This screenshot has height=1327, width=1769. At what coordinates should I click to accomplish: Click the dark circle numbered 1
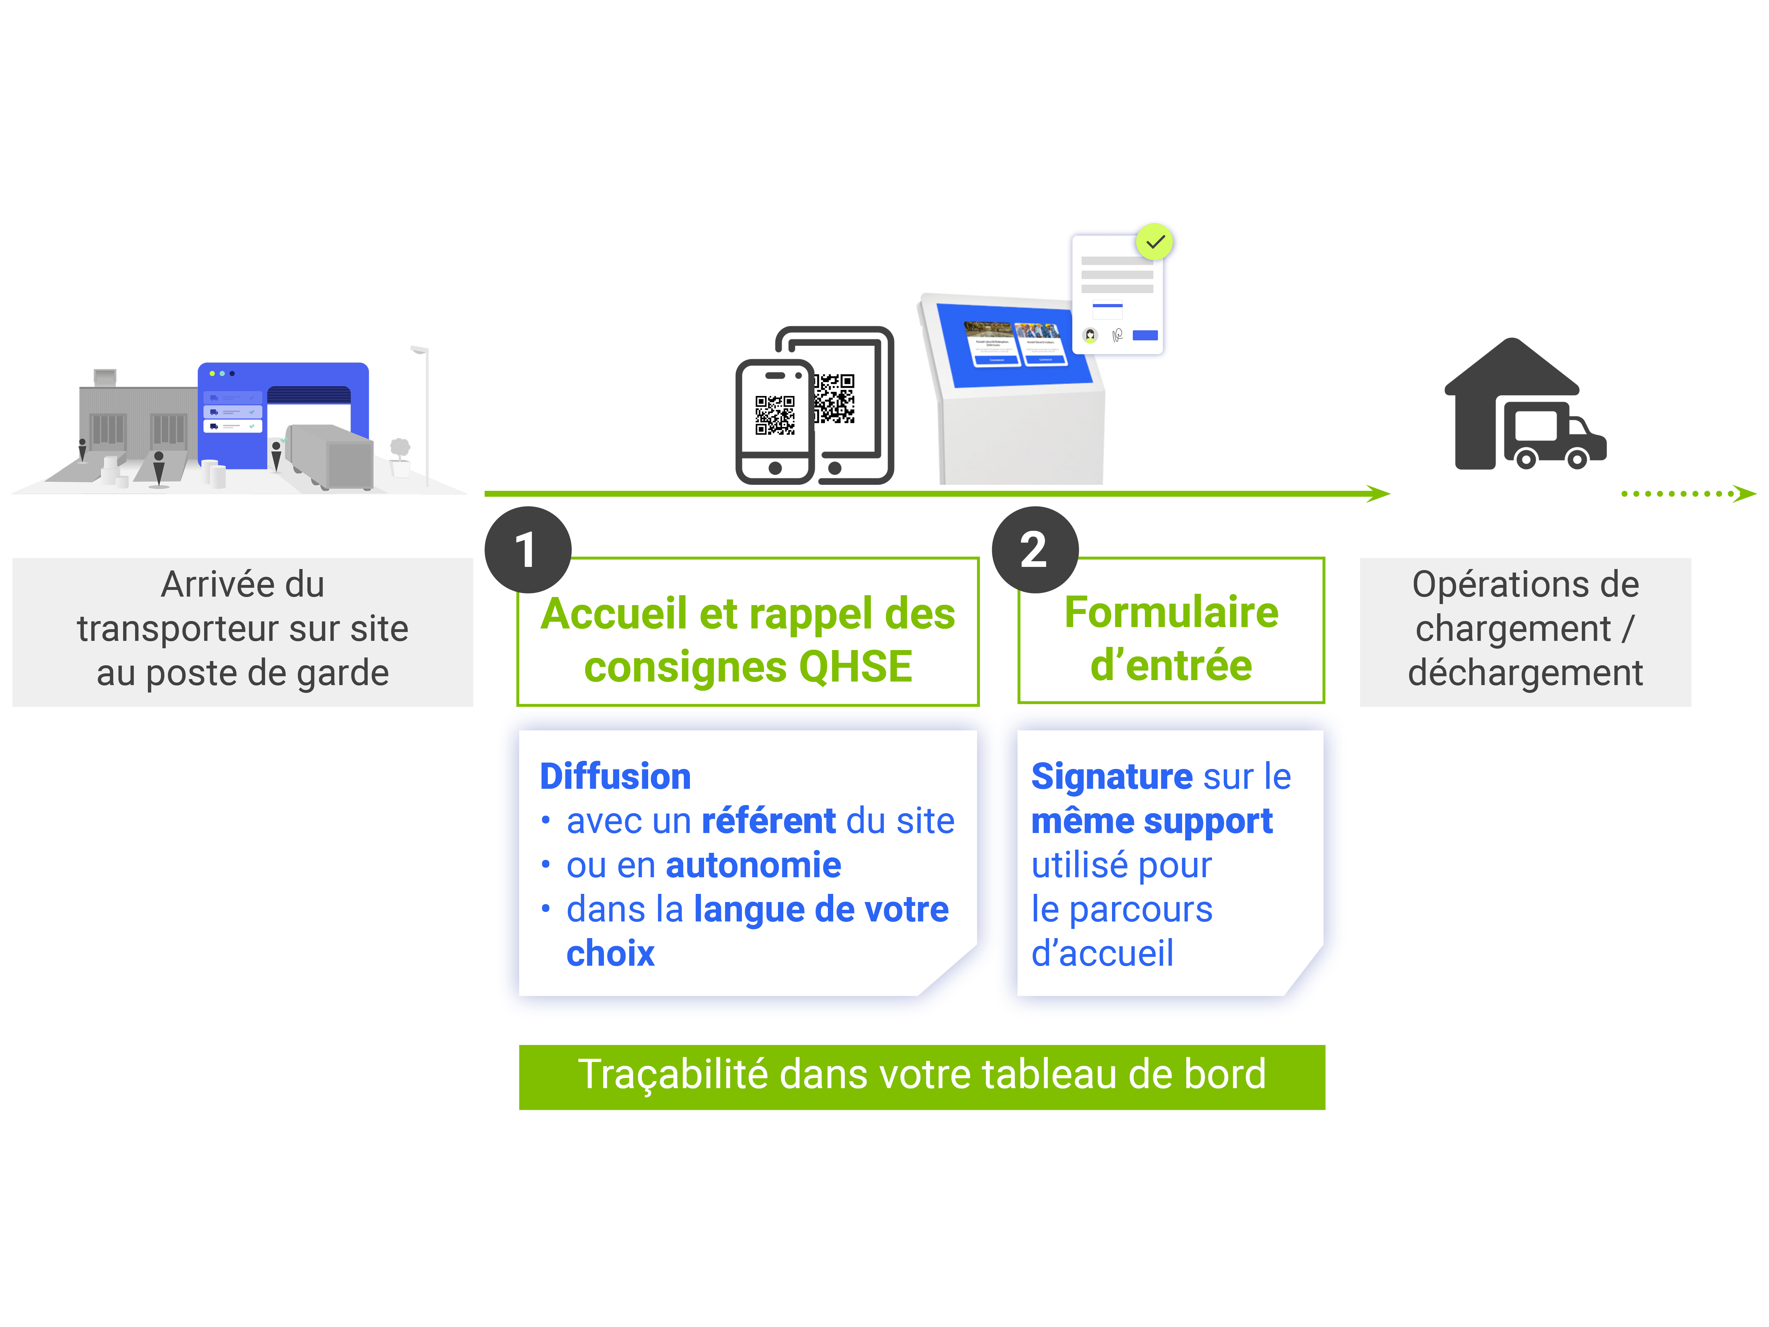pyautogui.click(x=528, y=550)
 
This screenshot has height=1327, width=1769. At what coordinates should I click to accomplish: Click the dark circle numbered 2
pyautogui.click(x=1035, y=550)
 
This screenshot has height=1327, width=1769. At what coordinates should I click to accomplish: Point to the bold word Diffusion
pyautogui.click(x=615, y=776)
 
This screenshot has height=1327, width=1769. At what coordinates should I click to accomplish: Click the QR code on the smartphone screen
pyautogui.click(x=775, y=415)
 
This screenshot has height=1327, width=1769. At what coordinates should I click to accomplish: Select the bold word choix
pyautogui.click(x=610, y=953)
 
